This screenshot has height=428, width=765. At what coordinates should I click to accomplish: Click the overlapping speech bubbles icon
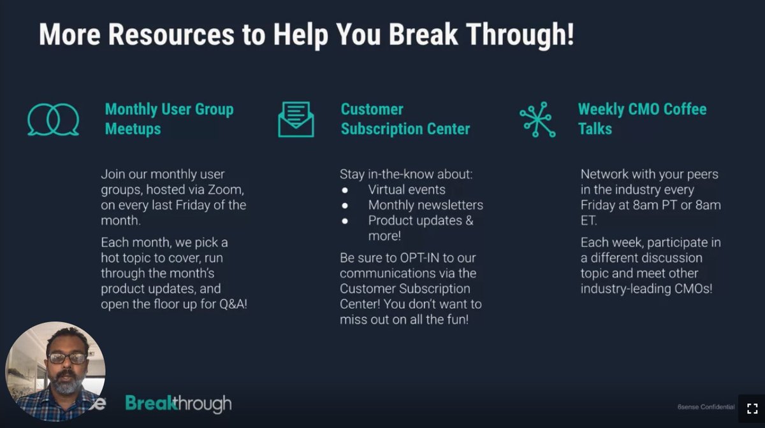[x=54, y=119]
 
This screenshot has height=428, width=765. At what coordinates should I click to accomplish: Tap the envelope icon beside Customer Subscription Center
[x=296, y=119]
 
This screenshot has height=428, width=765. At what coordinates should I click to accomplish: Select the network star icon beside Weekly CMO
[x=537, y=119]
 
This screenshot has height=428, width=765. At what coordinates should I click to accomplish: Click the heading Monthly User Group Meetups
[x=169, y=119]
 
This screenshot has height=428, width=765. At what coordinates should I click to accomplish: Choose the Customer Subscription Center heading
[x=405, y=119]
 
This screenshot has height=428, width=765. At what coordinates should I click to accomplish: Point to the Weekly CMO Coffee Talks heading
[x=641, y=119]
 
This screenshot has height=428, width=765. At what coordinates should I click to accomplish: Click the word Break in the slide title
[x=419, y=34]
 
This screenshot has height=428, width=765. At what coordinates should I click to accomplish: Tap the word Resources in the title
[x=170, y=34]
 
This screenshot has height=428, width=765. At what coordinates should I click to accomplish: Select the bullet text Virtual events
[x=407, y=190]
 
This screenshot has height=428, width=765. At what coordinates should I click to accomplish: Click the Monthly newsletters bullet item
[x=425, y=205]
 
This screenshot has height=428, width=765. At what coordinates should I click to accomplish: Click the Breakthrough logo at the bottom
[x=178, y=403]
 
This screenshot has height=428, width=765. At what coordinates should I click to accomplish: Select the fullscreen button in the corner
[x=752, y=408]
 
